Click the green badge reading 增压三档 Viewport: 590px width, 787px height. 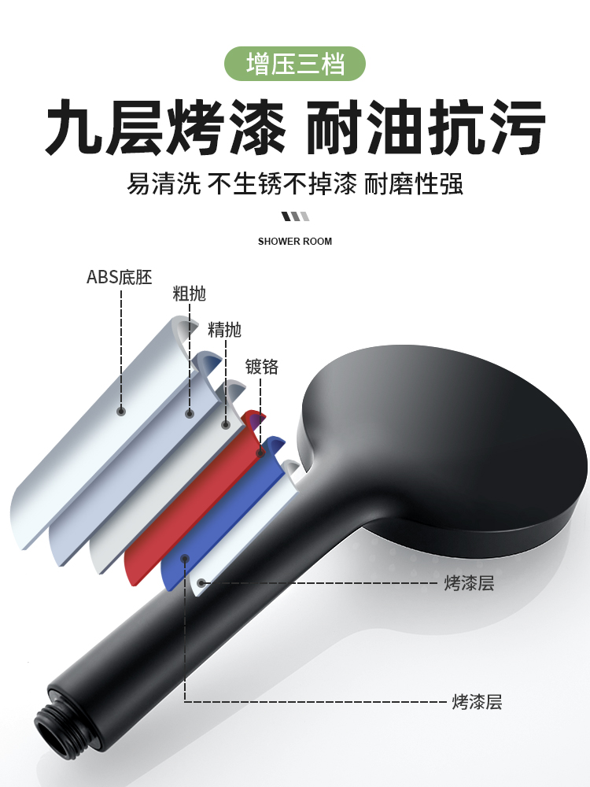(295, 64)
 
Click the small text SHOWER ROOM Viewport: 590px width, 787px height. (295, 241)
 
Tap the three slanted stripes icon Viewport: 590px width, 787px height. (295, 216)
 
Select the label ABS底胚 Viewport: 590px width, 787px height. (119, 277)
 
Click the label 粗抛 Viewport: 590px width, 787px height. (189, 294)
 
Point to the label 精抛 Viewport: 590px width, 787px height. (224, 330)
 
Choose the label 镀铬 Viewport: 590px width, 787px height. (261, 367)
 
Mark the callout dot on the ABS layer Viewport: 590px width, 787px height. (121, 411)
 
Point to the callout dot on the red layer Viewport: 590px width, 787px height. (260, 453)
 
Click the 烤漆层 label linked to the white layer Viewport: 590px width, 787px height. (469, 583)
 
